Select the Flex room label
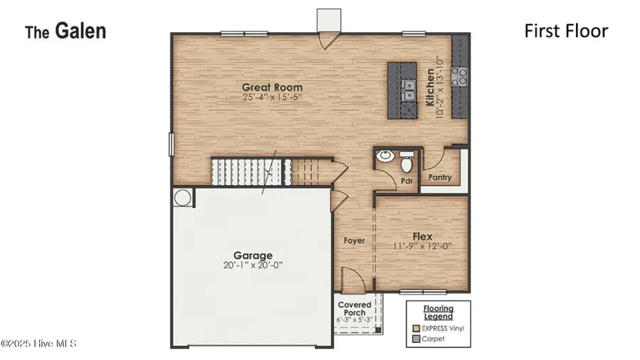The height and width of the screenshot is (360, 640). pos(422,236)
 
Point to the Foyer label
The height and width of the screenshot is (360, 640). pos(353,240)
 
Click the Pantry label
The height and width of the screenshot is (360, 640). pos(440,178)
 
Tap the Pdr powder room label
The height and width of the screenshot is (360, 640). pos(407,181)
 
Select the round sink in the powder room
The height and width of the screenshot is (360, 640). pos(385,157)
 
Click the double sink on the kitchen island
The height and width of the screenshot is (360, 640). pos(409,90)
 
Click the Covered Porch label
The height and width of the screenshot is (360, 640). pos(354,309)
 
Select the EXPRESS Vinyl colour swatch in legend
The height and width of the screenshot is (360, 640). pos(416,328)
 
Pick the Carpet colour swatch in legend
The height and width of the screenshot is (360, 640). pos(416,339)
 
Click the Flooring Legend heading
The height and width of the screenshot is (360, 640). pos(439,312)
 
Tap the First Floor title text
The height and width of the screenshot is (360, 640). pos(565,31)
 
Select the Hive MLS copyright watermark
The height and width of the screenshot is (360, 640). pos(38,344)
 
